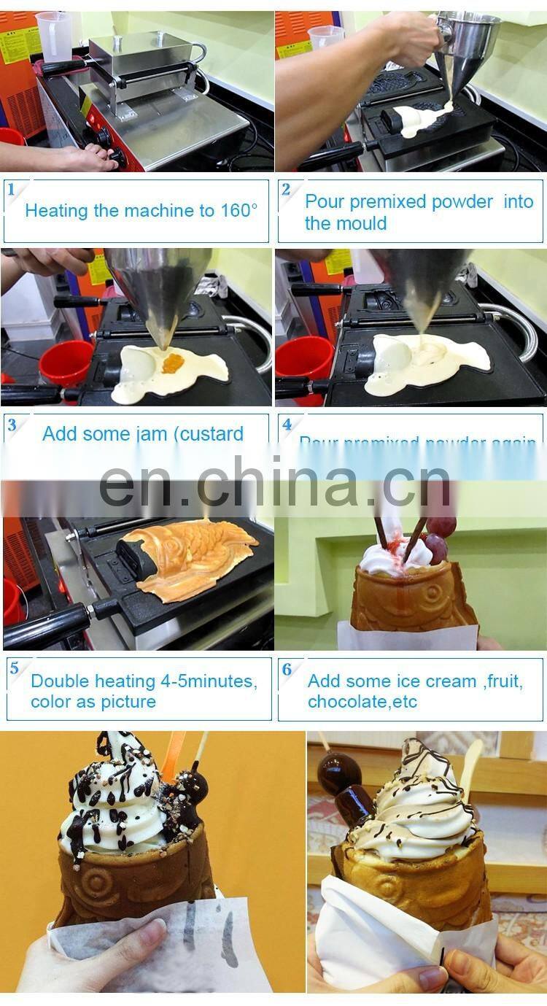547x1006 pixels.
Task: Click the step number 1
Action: (12, 190)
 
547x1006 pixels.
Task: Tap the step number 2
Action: (287, 190)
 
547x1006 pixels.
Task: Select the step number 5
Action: (13, 668)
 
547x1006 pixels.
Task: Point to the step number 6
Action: (287, 668)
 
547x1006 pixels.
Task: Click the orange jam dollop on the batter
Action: (174, 363)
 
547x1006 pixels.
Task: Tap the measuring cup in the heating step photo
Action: (55, 36)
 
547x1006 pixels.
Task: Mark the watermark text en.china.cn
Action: (275, 482)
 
